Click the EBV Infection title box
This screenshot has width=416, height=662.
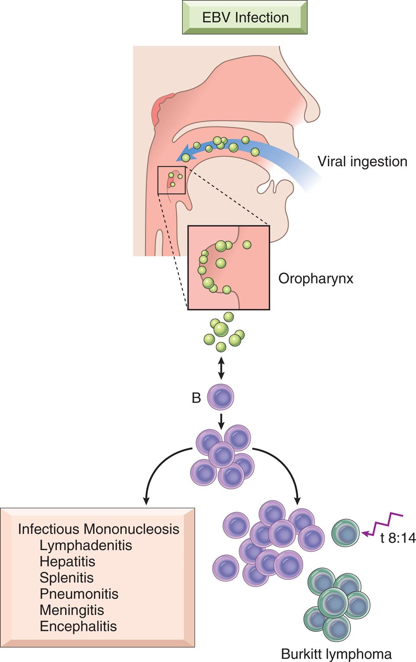tap(245, 18)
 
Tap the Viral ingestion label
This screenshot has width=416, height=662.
tap(362, 161)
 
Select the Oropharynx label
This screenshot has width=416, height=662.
tap(316, 278)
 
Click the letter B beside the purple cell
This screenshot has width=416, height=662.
tap(196, 398)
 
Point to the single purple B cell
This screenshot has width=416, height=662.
tap(221, 397)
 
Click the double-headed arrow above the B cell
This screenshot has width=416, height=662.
tap(221, 368)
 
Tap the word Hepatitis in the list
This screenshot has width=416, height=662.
tap(67, 561)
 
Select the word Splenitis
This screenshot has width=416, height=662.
tap(67, 578)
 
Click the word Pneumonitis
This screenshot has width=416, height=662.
tap(79, 594)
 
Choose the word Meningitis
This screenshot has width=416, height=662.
tap(72, 610)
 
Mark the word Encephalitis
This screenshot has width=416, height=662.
tap(78, 626)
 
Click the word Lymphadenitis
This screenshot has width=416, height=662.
tap(86, 545)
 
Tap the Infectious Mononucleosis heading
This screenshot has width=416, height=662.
tap(99, 529)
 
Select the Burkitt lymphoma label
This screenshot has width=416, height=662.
tap(336, 653)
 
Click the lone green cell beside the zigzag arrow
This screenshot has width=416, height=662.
tap(345, 533)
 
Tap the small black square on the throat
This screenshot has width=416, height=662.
tap(172, 180)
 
